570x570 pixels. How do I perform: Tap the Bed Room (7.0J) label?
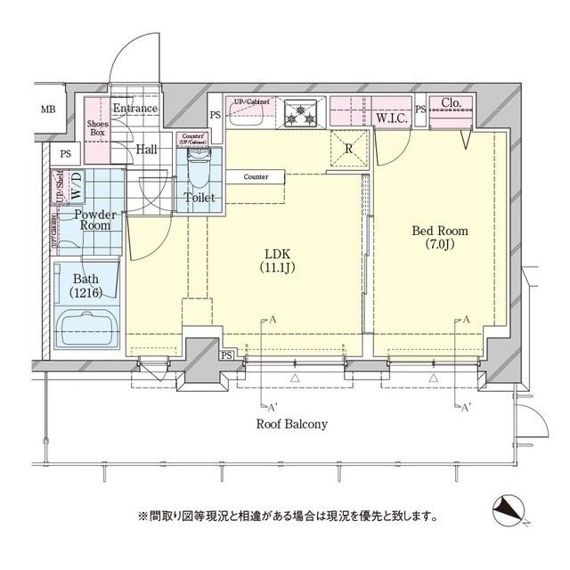tap(439, 239)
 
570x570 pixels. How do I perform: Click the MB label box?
tap(46, 110)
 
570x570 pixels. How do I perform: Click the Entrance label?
tap(134, 109)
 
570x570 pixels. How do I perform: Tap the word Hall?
tap(146, 149)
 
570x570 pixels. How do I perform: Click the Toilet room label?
tap(198, 198)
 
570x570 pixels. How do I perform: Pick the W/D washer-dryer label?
tap(77, 188)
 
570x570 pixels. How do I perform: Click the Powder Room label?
tap(92, 220)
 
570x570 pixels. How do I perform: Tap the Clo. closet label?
tap(451, 103)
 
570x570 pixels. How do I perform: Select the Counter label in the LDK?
tap(256, 177)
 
